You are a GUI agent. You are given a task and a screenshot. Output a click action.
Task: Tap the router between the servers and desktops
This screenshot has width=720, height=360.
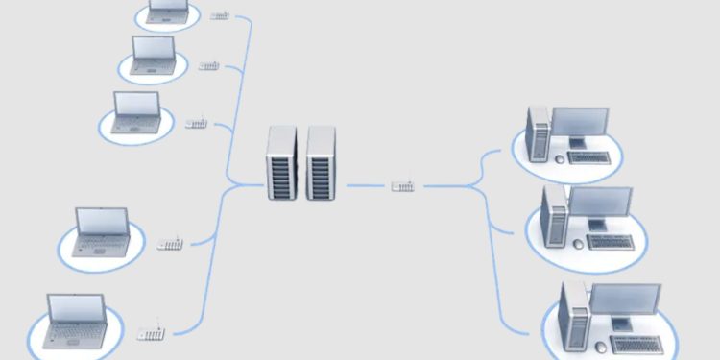(x=403, y=184)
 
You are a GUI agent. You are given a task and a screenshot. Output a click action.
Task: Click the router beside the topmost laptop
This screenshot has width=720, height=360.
(x=220, y=16)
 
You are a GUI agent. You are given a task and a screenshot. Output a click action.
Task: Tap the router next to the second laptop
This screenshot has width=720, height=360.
(x=209, y=65)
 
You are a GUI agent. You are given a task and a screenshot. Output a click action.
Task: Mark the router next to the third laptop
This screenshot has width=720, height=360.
(x=197, y=124)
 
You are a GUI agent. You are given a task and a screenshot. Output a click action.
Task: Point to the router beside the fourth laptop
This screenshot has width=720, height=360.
(x=170, y=244)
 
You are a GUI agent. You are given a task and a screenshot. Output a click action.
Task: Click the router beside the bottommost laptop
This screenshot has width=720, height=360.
(x=152, y=333)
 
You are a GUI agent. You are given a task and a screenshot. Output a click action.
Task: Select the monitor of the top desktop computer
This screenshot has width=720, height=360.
(x=581, y=125)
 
